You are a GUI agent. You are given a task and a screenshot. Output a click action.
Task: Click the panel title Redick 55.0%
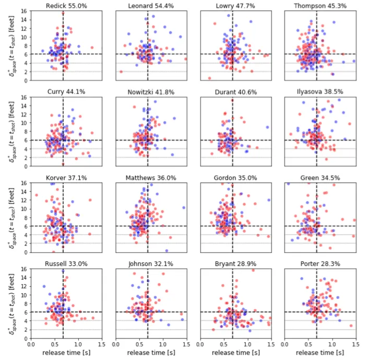(63, 6)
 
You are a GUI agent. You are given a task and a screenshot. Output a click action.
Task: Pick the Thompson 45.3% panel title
(317, 6)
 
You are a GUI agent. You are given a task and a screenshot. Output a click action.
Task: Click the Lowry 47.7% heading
(232, 6)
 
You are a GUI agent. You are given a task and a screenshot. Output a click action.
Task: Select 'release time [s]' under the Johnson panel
(148, 353)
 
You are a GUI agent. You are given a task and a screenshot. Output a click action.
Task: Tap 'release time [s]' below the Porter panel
(317, 353)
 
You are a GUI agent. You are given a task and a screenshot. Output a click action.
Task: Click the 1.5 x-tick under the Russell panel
(101, 344)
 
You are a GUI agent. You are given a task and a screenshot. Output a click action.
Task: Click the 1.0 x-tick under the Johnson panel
(163, 344)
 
